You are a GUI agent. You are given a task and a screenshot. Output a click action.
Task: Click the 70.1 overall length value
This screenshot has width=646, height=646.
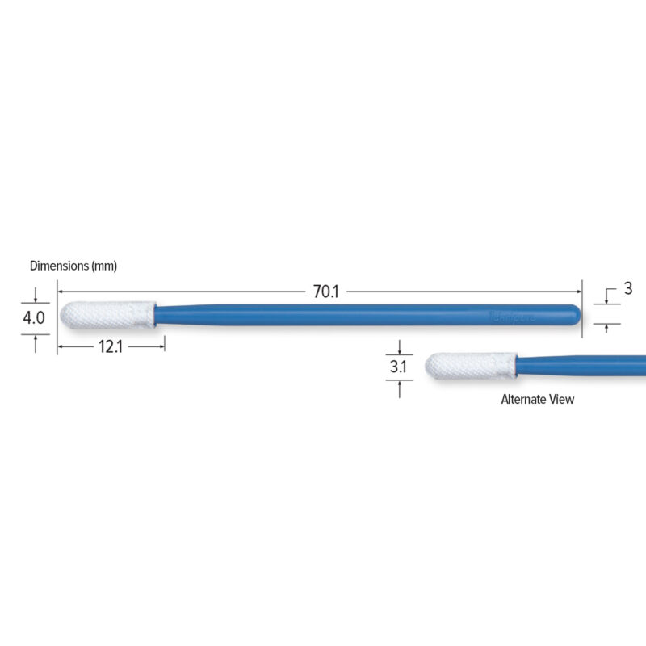(326, 292)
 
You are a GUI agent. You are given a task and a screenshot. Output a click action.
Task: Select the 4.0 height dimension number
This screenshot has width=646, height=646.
(34, 318)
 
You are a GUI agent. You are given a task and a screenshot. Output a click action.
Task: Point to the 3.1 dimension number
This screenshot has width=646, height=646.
(398, 367)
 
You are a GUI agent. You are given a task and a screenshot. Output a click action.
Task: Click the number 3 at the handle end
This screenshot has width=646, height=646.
(628, 288)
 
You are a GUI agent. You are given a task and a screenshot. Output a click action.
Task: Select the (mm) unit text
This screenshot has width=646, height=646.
(103, 266)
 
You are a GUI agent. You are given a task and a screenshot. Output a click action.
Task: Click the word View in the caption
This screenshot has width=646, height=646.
(564, 399)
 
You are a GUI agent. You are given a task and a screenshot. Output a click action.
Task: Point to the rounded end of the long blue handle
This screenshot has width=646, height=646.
(576, 314)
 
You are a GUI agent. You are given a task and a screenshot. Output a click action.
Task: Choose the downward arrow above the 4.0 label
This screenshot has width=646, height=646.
(36, 299)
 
